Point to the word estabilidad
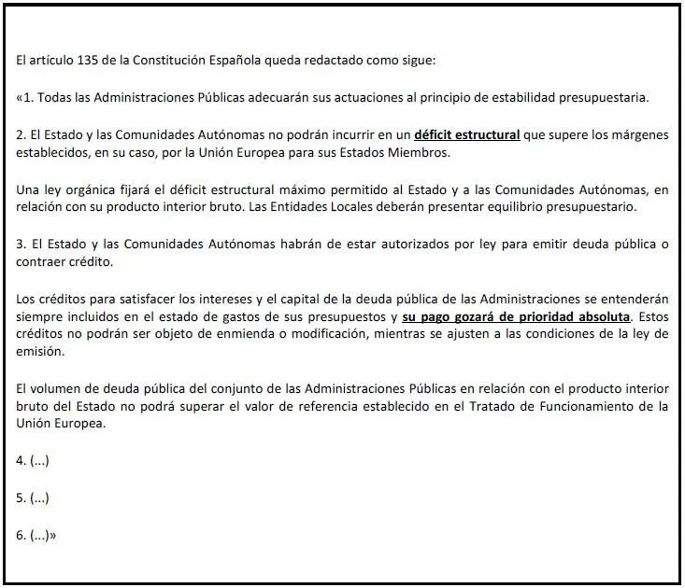pos(500,97)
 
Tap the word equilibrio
pos(507,207)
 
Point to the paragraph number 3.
pos(21,245)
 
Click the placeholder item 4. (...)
pos(33,460)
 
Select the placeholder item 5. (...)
pos(33,497)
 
